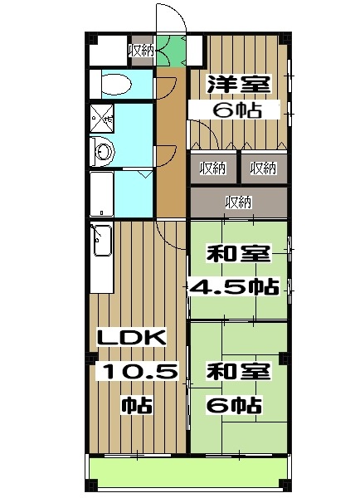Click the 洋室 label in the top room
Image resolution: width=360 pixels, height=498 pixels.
[x=238, y=84]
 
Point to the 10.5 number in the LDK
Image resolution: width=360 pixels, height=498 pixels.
[x=139, y=372]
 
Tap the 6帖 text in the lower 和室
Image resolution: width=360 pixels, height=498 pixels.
[x=234, y=406]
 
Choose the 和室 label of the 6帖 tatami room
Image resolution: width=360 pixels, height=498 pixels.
[x=238, y=373]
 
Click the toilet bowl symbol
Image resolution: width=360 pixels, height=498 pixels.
[x=114, y=85]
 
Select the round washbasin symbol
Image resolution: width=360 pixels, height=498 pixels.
[x=103, y=152]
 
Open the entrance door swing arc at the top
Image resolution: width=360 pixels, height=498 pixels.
[x=169, y=18]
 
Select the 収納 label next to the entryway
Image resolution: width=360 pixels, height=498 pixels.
[x=140, y=51]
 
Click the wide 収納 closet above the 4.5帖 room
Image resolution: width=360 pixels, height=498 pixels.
[x=239, y=202]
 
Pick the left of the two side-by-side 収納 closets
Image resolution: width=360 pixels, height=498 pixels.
[x=213, y=168]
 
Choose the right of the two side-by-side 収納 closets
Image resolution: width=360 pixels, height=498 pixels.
[x=264, y=168]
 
